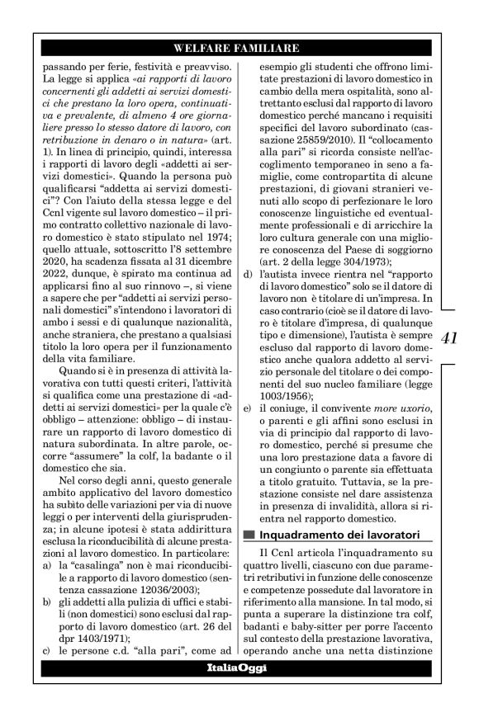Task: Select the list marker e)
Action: (249, 409)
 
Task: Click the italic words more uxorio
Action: (396, 409)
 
